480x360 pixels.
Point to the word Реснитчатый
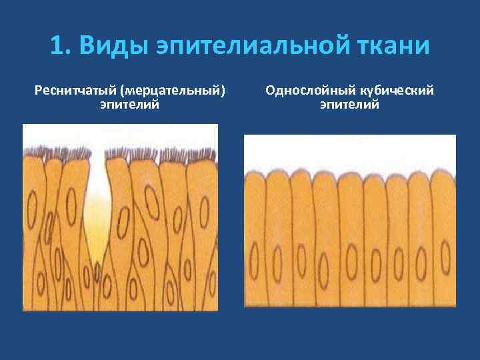(x=74, y=90)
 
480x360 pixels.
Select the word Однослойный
(x=305, y=90)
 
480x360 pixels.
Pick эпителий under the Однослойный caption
(x=349, y=104)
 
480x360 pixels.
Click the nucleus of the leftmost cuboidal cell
(x=254, y=257)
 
